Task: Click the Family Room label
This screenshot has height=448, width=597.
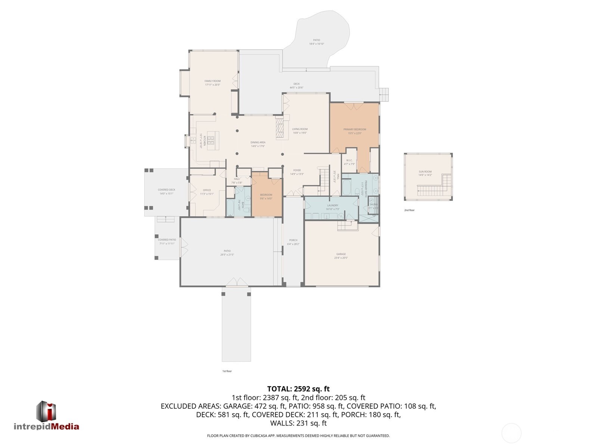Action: (x=212, y=81)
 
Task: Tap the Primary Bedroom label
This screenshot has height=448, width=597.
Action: (x=355, y=129)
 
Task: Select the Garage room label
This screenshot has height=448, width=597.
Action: (x=341, y=254)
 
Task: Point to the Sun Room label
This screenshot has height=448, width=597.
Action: (x=425, y=172)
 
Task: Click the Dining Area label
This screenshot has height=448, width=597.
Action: (x=258, y=142)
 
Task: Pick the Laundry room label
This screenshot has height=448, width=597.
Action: (x=332, y=206)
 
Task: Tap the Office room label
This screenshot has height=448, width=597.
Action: (x=207, y=190)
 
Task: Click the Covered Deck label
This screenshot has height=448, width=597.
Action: (x=167, y=190)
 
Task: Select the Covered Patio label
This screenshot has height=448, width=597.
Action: (x=167, y=240)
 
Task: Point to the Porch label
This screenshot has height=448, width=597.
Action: (x=293, y=240)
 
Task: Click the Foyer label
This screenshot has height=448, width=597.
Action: (x=297, y=170)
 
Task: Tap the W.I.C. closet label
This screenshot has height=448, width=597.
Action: (x=349, y=161)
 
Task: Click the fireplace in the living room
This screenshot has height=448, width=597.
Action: (x=280, y=129)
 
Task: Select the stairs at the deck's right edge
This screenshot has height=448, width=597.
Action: (x=384, y=94)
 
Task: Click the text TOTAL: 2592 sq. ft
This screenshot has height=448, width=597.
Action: (x=298, y=389)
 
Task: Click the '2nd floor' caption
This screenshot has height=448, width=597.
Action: (x=409, y=210)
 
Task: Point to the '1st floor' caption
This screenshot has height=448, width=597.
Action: (x=227, y=371)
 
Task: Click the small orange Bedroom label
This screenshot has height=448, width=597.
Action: (x=266, y=195)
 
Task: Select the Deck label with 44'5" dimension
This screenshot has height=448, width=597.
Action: (x=296, y=84)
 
